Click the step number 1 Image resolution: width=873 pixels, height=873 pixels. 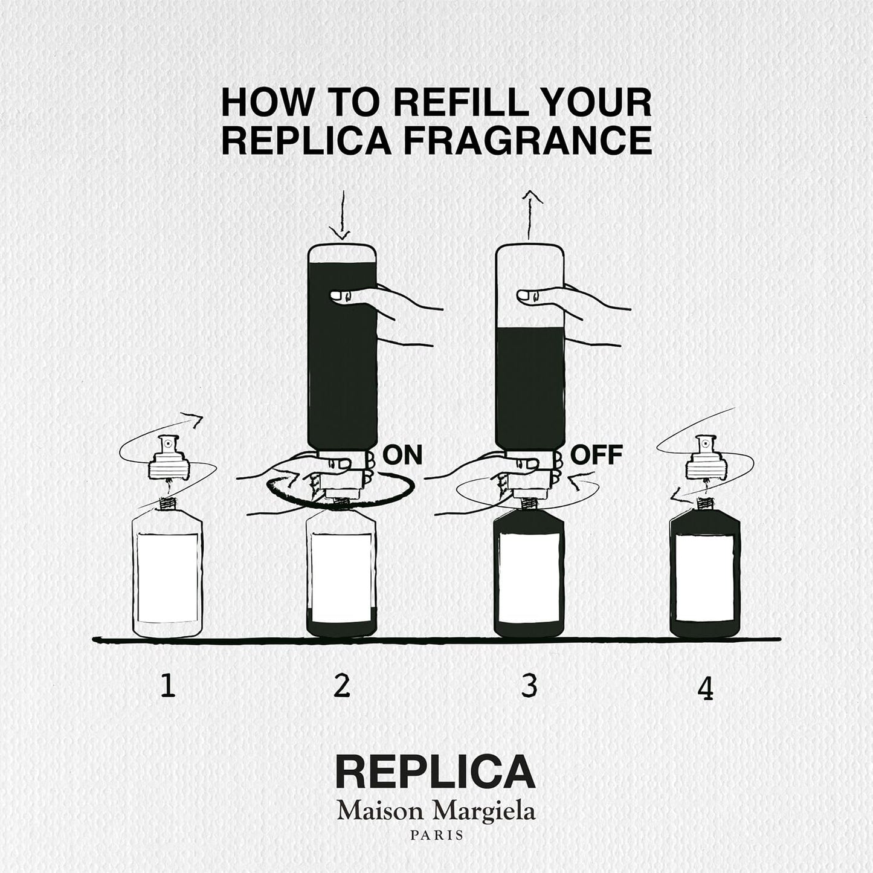(x=168, y=687)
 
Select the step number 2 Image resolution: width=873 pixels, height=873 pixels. (x=341, y=686)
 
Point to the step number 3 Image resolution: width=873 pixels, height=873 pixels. (x=529, y=686)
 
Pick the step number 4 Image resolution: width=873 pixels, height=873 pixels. (x=705, y=689)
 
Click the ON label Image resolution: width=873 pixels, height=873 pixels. (x=403, y=455)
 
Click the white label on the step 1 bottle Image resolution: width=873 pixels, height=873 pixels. (x=167, y=578)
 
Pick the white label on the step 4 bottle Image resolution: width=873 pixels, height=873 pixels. (x=705, y=578)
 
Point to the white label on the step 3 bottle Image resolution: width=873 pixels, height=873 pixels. (x=529, y=578)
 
